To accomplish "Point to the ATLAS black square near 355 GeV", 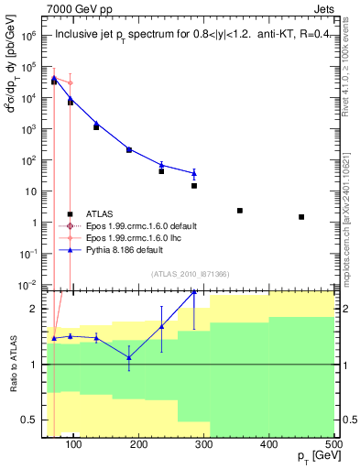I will [240, 211].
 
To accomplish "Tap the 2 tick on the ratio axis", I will [38, 309].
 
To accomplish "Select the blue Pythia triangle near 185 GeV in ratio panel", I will [129, 357].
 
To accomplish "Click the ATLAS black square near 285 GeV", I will [194, 186].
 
